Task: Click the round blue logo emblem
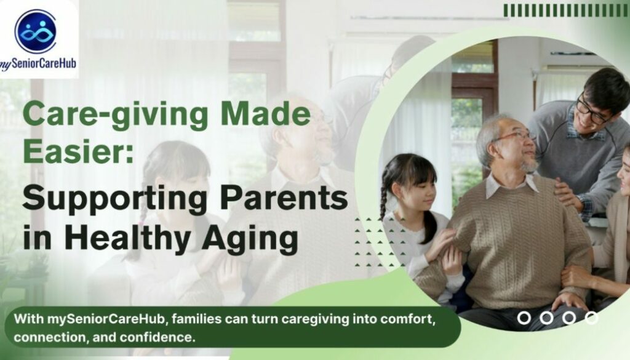pyautogui.click(x=36, y=31)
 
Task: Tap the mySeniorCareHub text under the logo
pyautogui.click(x=38, y=63)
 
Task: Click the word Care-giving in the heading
pyautogui.click(x=116, y=114)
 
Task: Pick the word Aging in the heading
pyautogui.click(x=250, y=239)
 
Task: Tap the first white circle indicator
pyautogui.click(x=524, y=318)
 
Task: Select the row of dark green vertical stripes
pyautogui.click(x=566, y=11)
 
